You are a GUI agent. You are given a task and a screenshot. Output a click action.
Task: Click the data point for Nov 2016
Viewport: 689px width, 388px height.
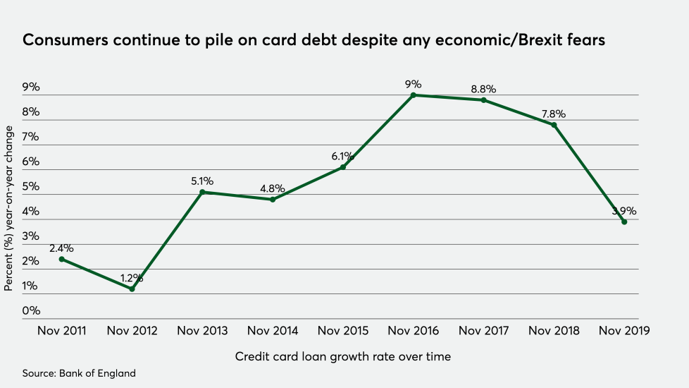click(x=414, y=95)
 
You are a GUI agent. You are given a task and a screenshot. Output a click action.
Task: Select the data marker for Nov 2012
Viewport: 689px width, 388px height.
click(x=132, y=289)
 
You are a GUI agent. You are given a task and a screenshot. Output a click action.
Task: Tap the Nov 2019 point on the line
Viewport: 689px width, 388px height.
click(x=624, y=222)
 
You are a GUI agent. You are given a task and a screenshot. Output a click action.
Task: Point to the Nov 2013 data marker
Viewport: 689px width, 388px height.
click(x=202, y=192)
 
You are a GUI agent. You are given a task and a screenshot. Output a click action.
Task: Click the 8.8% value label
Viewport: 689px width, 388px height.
click(x=483, y=90)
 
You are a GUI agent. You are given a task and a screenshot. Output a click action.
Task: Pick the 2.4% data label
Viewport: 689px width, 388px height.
click(x=61, y=248)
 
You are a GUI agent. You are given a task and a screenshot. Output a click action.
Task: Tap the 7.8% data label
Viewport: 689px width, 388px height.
click(x=554, y=114)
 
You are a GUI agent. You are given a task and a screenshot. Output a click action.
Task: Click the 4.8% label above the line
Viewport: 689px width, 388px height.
click(x=273, y=188)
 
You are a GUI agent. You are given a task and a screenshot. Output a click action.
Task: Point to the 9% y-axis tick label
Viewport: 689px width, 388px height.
click(x=32, y=87)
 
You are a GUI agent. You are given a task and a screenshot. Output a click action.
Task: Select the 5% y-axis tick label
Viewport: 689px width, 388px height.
click(x=32, y=187)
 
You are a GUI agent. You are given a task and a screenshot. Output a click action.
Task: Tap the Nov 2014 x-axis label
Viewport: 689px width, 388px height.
click(x=273, y=331)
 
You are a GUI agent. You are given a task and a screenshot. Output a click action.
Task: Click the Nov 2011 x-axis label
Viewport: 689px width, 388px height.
click(x=61, y=331)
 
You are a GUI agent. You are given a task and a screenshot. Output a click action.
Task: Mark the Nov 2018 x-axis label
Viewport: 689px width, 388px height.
click(x=554, y=331)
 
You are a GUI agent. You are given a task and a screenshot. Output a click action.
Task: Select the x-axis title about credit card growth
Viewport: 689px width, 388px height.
click(x=342, y=357)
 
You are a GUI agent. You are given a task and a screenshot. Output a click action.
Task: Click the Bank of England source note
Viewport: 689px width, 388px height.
click(x=78, y=373)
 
